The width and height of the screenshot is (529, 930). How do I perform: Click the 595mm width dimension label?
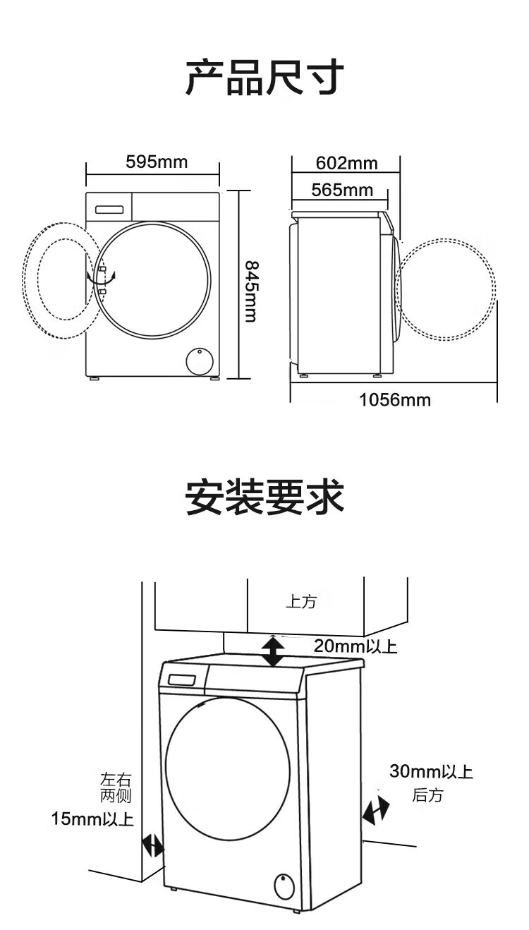coord(157,162)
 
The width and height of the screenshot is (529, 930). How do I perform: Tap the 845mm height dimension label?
coord(250,291)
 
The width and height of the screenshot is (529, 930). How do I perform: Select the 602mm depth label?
coord(347,163)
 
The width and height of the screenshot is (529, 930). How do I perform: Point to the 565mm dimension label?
coord(342,190)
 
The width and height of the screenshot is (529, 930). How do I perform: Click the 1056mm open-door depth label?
coord(394,400)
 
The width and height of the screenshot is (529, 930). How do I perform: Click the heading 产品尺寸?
coord(264,77)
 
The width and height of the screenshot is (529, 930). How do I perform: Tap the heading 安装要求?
coord(264,497)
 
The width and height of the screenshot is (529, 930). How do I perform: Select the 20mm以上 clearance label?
coord(355,646)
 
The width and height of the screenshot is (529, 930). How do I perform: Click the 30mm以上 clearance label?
coord(431,771)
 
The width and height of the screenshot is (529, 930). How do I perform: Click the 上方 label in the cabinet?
coord(300,602)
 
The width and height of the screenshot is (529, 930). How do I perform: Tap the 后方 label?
coord(427,795)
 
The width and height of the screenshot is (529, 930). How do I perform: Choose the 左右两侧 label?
coord(116,787)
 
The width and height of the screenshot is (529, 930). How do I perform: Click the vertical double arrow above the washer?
coord(272,651)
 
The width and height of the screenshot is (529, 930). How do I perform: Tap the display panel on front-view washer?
coord(109,210)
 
